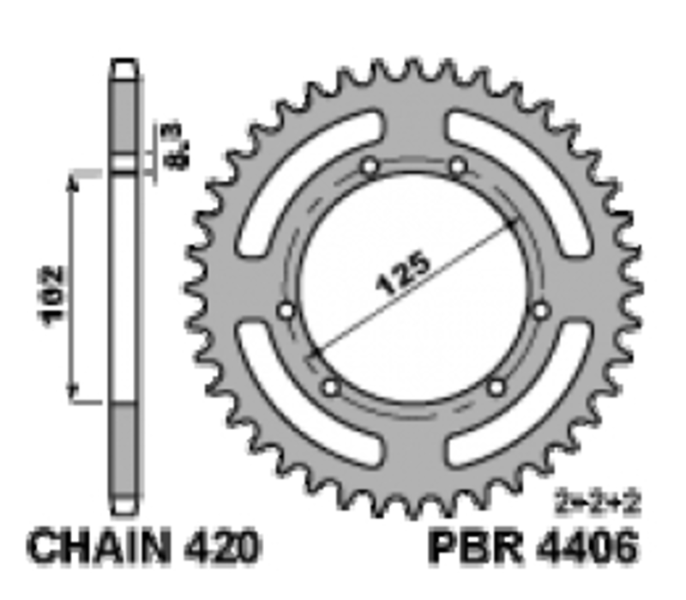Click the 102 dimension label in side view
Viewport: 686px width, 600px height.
53,294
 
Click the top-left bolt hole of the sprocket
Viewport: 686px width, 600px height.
370,167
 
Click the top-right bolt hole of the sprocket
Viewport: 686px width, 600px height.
457,166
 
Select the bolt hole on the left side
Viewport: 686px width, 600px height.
286,310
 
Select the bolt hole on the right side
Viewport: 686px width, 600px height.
540,310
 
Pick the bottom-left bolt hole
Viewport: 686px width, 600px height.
331,388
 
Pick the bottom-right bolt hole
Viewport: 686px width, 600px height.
496,388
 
